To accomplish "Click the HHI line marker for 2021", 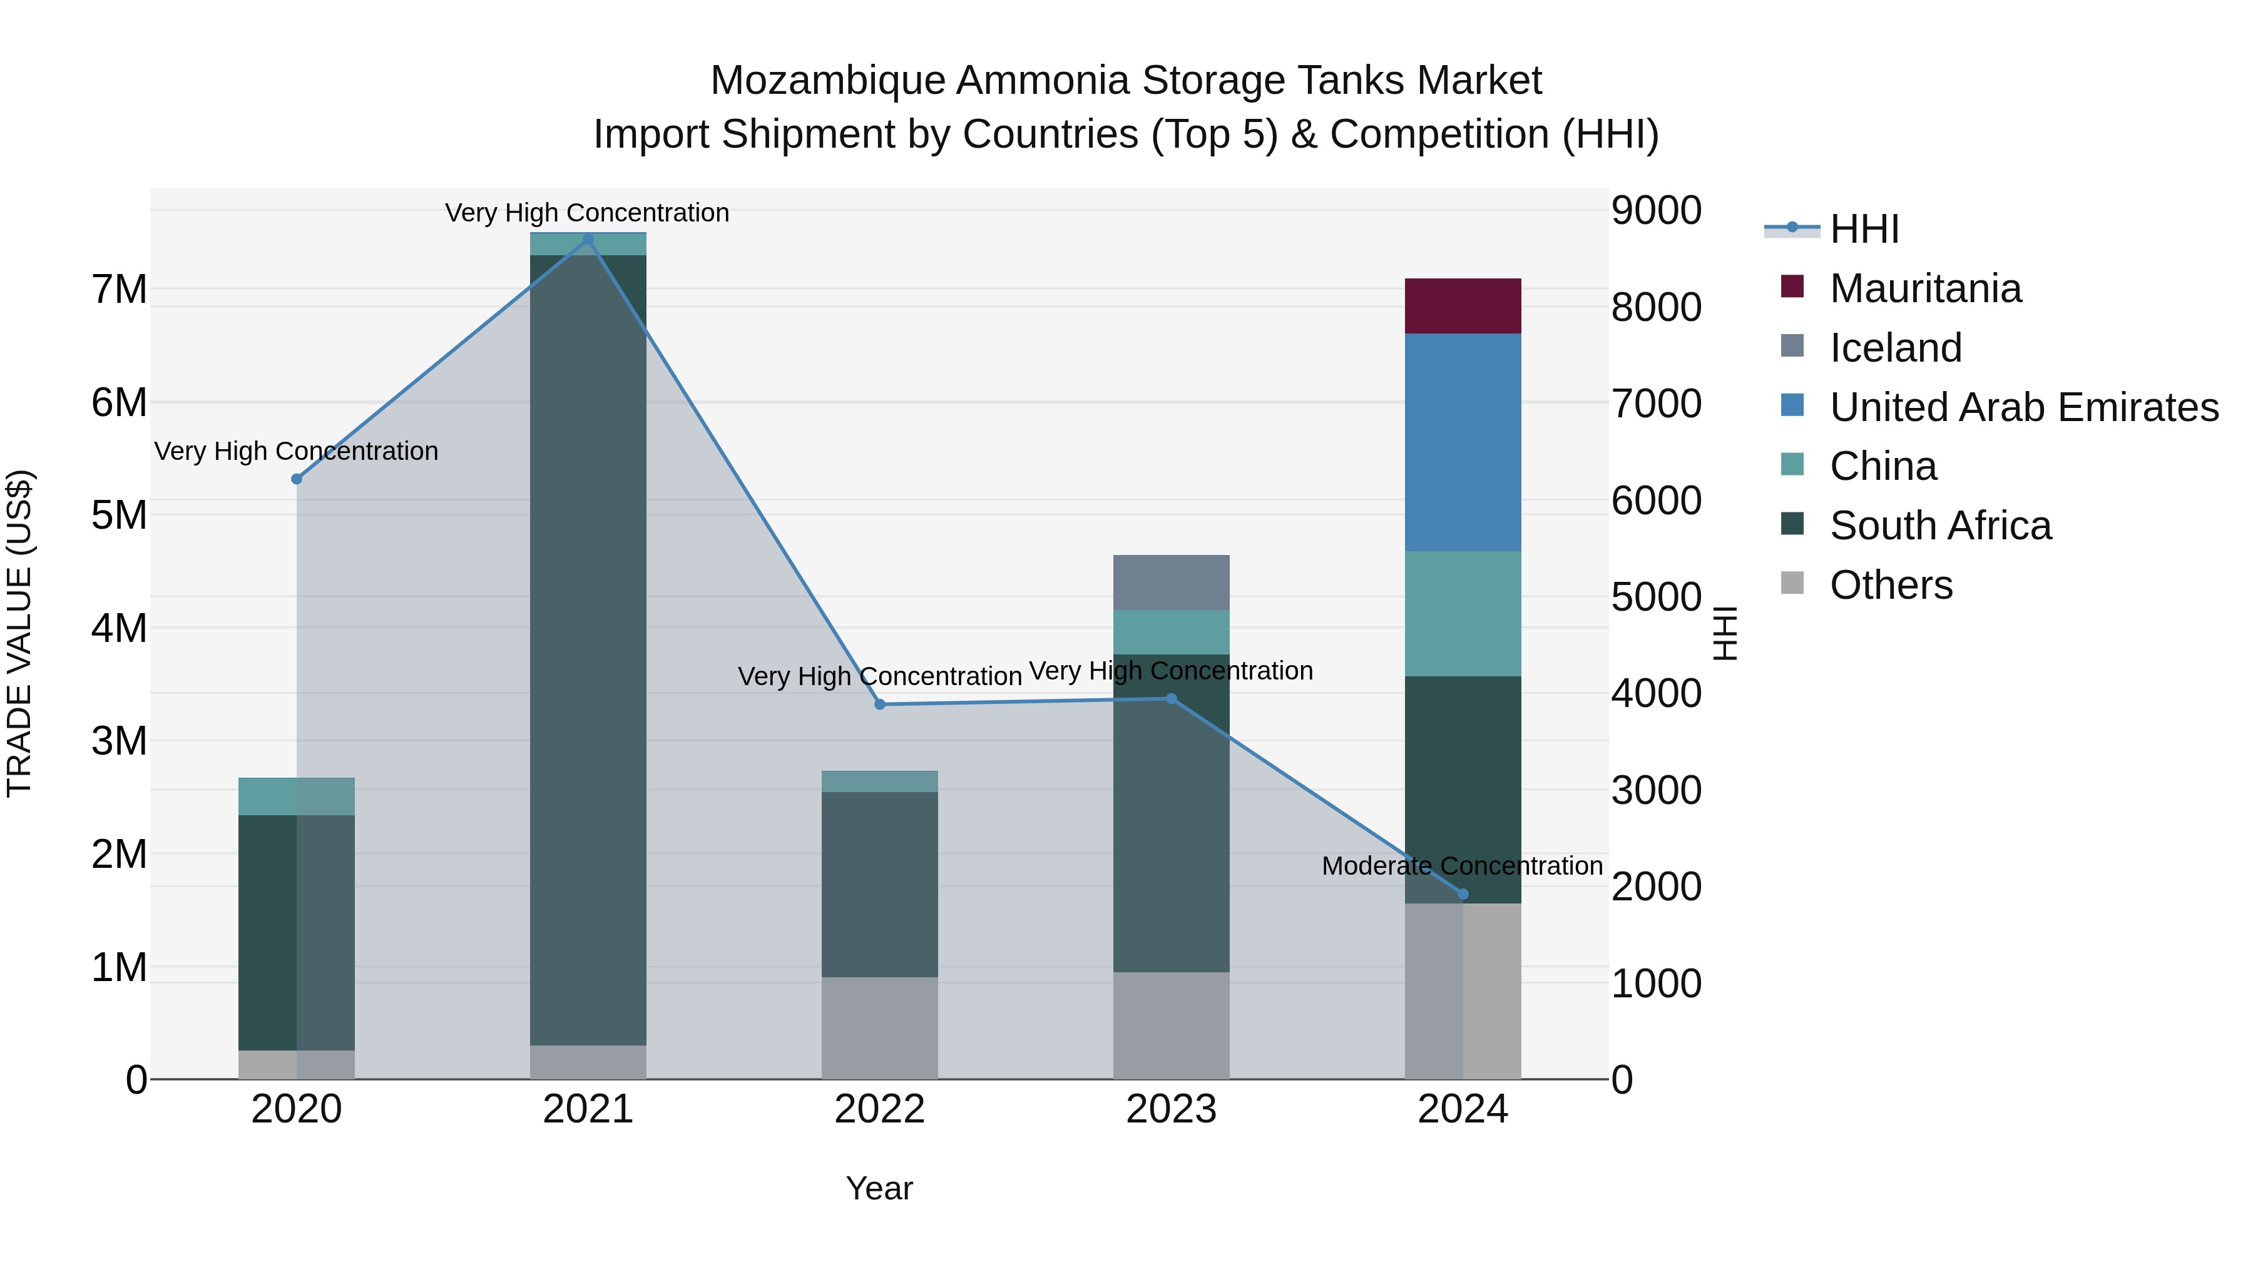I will (588, 240).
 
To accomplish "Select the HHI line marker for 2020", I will (297, 479).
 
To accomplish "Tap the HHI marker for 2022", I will (880, 705).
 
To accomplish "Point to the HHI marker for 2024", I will (1463, 893).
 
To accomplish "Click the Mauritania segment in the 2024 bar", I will (1463, 306).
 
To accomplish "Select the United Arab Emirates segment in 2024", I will (1463, 442).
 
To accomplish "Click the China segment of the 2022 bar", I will (880, 781).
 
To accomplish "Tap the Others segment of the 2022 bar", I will (880, 1027).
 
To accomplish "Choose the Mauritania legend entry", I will (1924, 288).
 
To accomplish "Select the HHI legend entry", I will (1863, 229).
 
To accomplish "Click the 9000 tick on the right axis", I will (1655, 211).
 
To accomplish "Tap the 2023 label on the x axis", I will (1171, 1109).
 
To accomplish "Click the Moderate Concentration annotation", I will (1461, 866).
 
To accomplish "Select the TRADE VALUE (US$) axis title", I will (19, 633).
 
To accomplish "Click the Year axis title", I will (879, 1188).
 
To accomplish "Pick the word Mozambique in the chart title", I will (827, 81).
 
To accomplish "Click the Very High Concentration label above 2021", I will (587, 213).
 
